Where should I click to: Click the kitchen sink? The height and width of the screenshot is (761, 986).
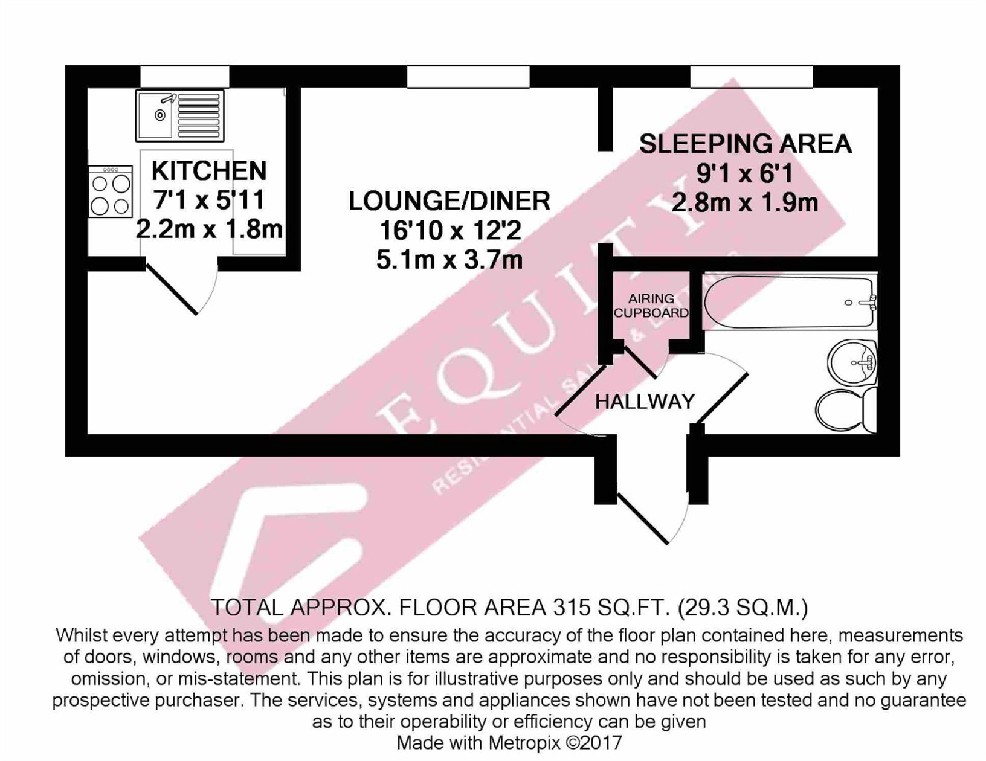click(179, 115)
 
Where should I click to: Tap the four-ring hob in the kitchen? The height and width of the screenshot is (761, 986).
click(110, 191)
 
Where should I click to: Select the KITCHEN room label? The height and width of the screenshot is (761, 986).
click(208, 171)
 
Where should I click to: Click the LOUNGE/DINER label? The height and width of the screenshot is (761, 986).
click(449, 201)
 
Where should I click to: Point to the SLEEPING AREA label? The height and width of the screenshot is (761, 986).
click(745, 144)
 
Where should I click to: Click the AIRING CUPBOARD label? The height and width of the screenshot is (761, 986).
click(651, 306)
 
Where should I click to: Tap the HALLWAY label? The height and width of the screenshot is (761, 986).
click(645, 402)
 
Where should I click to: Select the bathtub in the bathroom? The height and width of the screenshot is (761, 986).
click(789, 302)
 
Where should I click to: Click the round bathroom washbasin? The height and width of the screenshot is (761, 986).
click(852, 362)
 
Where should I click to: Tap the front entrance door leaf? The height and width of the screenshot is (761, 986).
click(642, 518)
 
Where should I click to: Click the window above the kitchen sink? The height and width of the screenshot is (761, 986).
click(185, 77)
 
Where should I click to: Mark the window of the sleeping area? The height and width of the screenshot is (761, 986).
click(751, 77)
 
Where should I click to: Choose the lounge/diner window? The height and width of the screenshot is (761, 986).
click(468, 77)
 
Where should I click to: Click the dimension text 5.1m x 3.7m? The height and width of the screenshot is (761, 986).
click(449, 260)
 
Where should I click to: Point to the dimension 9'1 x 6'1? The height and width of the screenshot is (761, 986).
click(744, 174)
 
